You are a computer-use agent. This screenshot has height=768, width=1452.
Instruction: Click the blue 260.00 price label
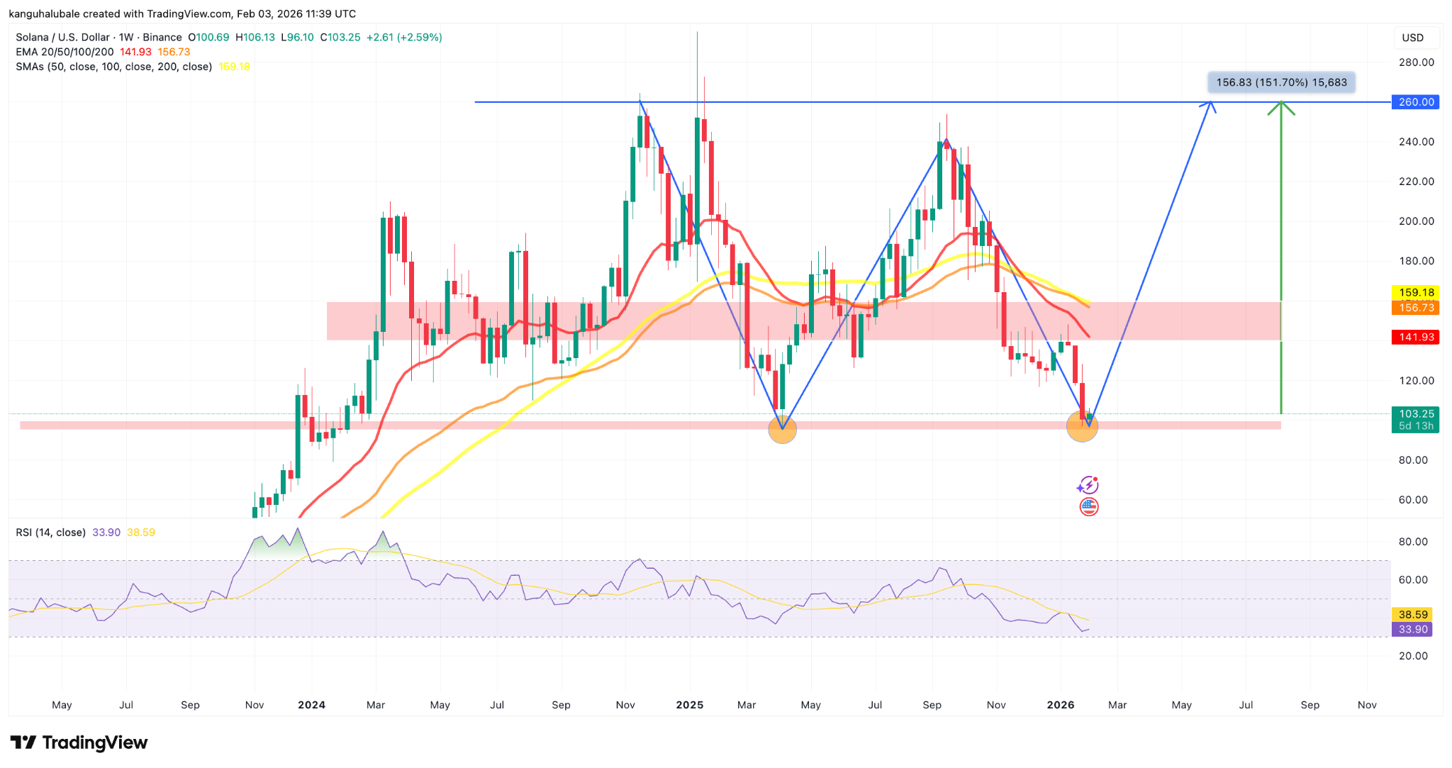pyautogui.click(x=1415, y=102)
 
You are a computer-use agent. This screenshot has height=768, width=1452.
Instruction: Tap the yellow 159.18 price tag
pyautogui.click(x=1415, y=292)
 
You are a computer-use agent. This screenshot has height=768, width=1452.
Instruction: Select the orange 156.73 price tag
pyautogui.click(x=1415, y=308)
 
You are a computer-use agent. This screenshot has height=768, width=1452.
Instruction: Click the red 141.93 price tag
pyautogui.click(x=1415, y=337)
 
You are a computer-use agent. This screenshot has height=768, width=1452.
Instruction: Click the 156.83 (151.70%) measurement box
pyautogui.click(x=1281, y=82)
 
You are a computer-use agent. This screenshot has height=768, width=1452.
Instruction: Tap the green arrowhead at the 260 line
pyautogui.click(x=1281, y=108)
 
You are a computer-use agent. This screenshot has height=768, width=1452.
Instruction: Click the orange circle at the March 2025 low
pyautogui.click(x=783, y=429)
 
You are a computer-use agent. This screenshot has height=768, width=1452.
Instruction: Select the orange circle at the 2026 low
pyautogui.click(x=1082, y=426)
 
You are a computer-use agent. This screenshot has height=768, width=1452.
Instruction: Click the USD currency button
pyautogui.click(x=1412, y=38)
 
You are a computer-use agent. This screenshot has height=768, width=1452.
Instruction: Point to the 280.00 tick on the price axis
pyautogui.click(x=1416, y=62)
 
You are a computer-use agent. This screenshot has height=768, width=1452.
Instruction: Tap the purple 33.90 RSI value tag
pyautogui.click(x=1412, y=630)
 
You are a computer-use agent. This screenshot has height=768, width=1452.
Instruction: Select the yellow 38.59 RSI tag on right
pyautogui.click(x=1412, y=615)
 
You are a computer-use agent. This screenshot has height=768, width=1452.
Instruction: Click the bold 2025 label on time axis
pyautogui.click(x=689, y=705)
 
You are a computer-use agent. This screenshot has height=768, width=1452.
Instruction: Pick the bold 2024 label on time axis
pyautogui.click(x=311, y=705)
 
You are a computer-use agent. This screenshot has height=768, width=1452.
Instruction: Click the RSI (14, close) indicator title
pyautogui.click(x=50, y=533)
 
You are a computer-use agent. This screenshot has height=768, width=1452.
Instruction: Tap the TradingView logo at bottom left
pyautogui.click(x=79, y=742)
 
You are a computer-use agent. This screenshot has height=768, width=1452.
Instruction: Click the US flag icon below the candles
pyautogui.click(x=1089, y=507)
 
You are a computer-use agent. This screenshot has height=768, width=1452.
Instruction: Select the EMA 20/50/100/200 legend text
pyautogui.click(x=65, y=52)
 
